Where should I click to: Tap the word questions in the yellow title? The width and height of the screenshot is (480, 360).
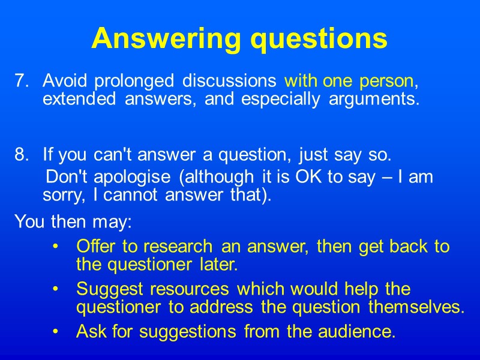click(319, 40)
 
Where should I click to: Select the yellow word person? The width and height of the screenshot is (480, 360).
click(389, 80)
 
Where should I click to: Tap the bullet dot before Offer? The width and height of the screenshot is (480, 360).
click(55, 247)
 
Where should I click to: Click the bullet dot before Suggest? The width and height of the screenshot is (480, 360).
click(55, 290)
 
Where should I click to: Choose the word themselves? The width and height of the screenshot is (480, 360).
click(416, 307)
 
